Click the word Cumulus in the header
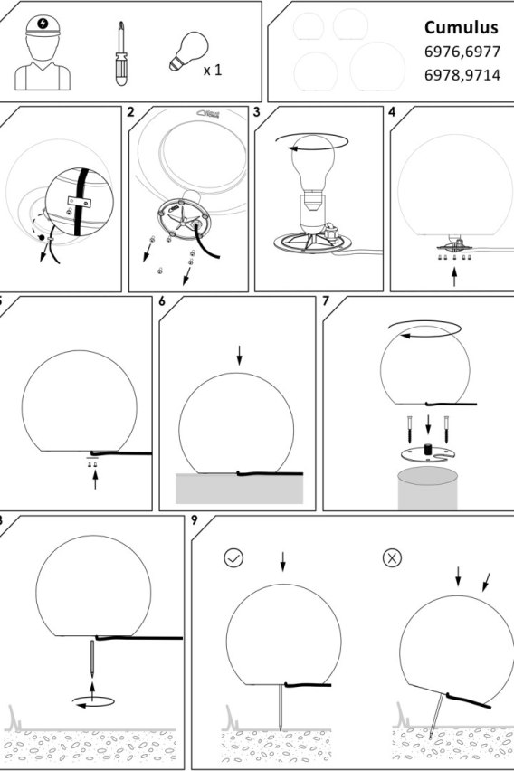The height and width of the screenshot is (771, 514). click(x=461, y=28)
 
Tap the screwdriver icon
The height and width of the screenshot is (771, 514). click(x=121, y=53)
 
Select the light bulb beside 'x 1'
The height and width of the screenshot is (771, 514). click(x=188, y=52)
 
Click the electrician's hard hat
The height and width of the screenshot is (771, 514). click(x=43, y=25)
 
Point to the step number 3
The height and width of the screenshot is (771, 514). click(x=256, y=112)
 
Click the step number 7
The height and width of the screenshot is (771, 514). click(x=326, y=301)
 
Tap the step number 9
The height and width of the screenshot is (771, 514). click(x=195, y=520)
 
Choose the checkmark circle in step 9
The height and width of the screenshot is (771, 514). click(x=233, y=558)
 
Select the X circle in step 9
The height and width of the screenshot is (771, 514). click(x=392, y=558)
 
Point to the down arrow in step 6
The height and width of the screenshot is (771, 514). click(x=239, y=356)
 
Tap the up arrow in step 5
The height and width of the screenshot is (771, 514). click(x=95, y=480)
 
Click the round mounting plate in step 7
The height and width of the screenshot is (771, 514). click(x=427, y=454)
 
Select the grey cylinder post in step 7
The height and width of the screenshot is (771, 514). click(x=427, y=489)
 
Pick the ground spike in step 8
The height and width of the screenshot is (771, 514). click(x=92, y=660)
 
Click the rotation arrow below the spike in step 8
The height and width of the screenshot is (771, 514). click(x=93, y=701)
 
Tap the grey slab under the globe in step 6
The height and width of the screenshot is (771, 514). click(x=239, y=489)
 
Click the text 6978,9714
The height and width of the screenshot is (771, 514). click(x=462, y=75)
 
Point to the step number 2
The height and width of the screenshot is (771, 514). click(x=130, y=112)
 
